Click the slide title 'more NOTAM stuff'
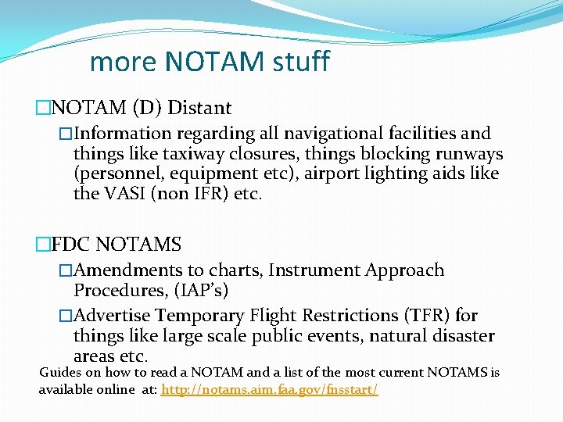click(210, 61)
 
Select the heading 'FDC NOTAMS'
click(115, 245)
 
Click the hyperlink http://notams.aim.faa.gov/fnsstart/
click(269, 388)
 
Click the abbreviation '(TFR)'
click(424, 316)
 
